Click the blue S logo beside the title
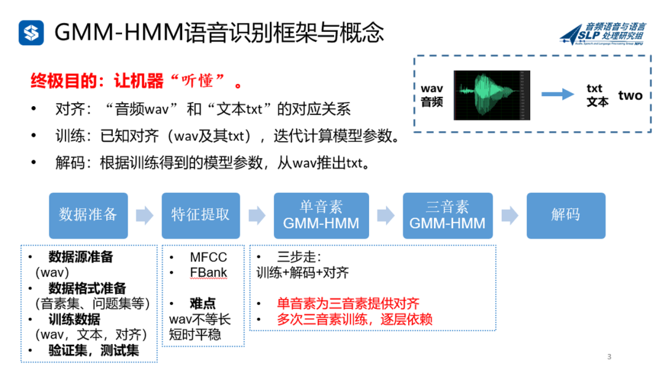click(x=31, y=33)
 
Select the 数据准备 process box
click(x=88, y=215)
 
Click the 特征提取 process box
click(x=200, y=215)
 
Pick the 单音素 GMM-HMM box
click(x=321, y=215)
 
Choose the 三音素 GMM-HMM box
click(x=447, y=215)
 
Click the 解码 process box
click(x=566, y=215)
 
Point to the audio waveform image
click(x=492, y=95)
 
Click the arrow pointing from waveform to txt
click(x=557, y=94)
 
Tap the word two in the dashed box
click(x=630, y=95)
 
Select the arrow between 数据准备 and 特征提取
click(x=145, y=215)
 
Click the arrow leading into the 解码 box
click(x=510, y=215)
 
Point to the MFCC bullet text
click(x=208, y=257)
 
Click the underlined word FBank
click(x=208, y=272)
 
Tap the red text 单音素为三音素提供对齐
click(x=348, y=304)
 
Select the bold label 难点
click(x=202, y=304)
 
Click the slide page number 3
click(x=609, y=356)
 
